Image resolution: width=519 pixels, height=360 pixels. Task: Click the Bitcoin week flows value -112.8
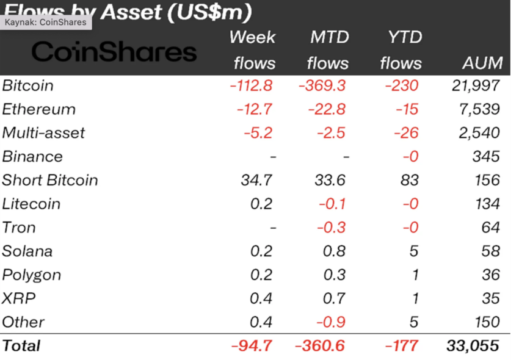[251, 85]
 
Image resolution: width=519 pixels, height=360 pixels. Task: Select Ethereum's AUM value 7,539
[479, 109]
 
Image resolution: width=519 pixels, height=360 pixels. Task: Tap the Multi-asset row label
[43, 132]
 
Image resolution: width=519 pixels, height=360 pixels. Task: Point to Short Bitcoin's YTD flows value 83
[410, 181]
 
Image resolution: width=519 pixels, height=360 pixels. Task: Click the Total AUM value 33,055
[473, 346]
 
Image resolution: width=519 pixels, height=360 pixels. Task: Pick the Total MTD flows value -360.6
[320, 346]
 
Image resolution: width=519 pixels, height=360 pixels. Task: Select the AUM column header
[482, 63]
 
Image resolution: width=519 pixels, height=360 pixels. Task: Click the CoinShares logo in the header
[114, 52]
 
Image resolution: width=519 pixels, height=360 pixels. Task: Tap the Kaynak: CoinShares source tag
[46, 22]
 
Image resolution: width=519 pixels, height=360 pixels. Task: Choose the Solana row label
[27, 251]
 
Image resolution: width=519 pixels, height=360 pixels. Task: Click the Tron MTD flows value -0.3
[332, 228]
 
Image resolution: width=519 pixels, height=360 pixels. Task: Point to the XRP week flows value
[261, 298]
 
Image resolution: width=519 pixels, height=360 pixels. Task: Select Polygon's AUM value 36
[490, 275]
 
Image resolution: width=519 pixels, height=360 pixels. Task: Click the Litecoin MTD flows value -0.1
[332, 204]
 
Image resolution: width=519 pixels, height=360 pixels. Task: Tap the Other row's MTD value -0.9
[331, 322]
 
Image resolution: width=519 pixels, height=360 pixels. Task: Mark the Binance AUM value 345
[486, 156]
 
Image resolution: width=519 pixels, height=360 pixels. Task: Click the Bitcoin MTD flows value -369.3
[322, 85]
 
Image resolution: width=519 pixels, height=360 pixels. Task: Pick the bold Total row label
[21, 346]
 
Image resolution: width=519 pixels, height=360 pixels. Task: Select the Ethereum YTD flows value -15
[407, 109]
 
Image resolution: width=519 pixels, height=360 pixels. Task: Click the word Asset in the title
[131, 12]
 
